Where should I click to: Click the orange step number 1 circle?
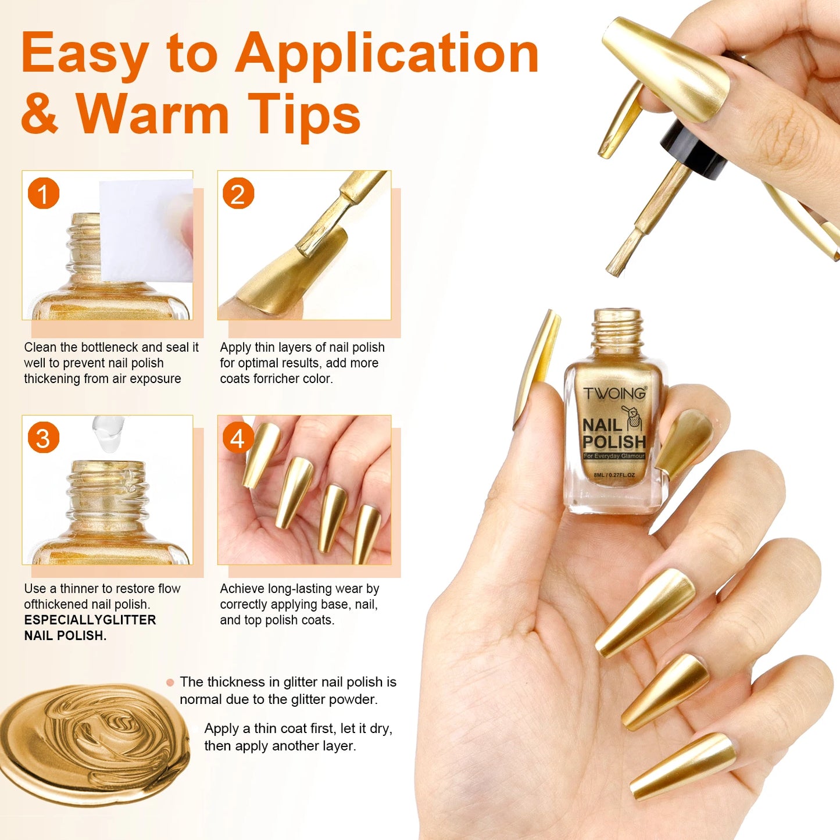pyautogui.click(x=44, y=193)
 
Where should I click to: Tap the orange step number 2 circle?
pyautogui.click(x=238, y=193)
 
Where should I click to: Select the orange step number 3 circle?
pyautogui.click(x=44, y=437)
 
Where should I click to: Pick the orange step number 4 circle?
pyautogui.click(x=238, y=437)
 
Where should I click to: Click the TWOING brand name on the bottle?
pyautogui.click(x=614, y=393)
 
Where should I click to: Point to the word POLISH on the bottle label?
pyautogui.click(x=614, y=442)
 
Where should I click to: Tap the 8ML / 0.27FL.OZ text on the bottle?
pyautogui.click(x=614, y=475)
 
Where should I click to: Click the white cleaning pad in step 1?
pyautogui.click(x=146, y=231)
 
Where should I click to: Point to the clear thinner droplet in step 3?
pyautogui.click(x=108, y=433)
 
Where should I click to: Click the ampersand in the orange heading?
pyautogui.click(x=40, y=113)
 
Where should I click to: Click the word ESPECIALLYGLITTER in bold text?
pyautogui.click(x=90, y=620)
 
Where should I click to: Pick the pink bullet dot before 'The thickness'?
pyautogui.click(x=170, y=682)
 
